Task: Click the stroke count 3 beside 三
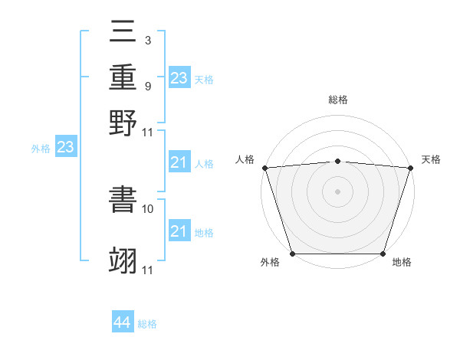pos(147,40)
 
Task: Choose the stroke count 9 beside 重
pos(147,86)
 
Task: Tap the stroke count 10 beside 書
pos(149,208)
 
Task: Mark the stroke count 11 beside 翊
pos(149,270)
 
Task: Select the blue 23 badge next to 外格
pos(65,147)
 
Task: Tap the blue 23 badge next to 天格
pos(179,77)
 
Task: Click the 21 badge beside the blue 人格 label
pos(179,162)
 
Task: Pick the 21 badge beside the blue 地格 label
pos(179,231)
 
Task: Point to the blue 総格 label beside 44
pos(147,324)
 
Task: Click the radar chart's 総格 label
pos(337,100)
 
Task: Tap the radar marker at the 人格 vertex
pos(264,168)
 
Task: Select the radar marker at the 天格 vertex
pos(410,168)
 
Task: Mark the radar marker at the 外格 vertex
pos(292,254)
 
